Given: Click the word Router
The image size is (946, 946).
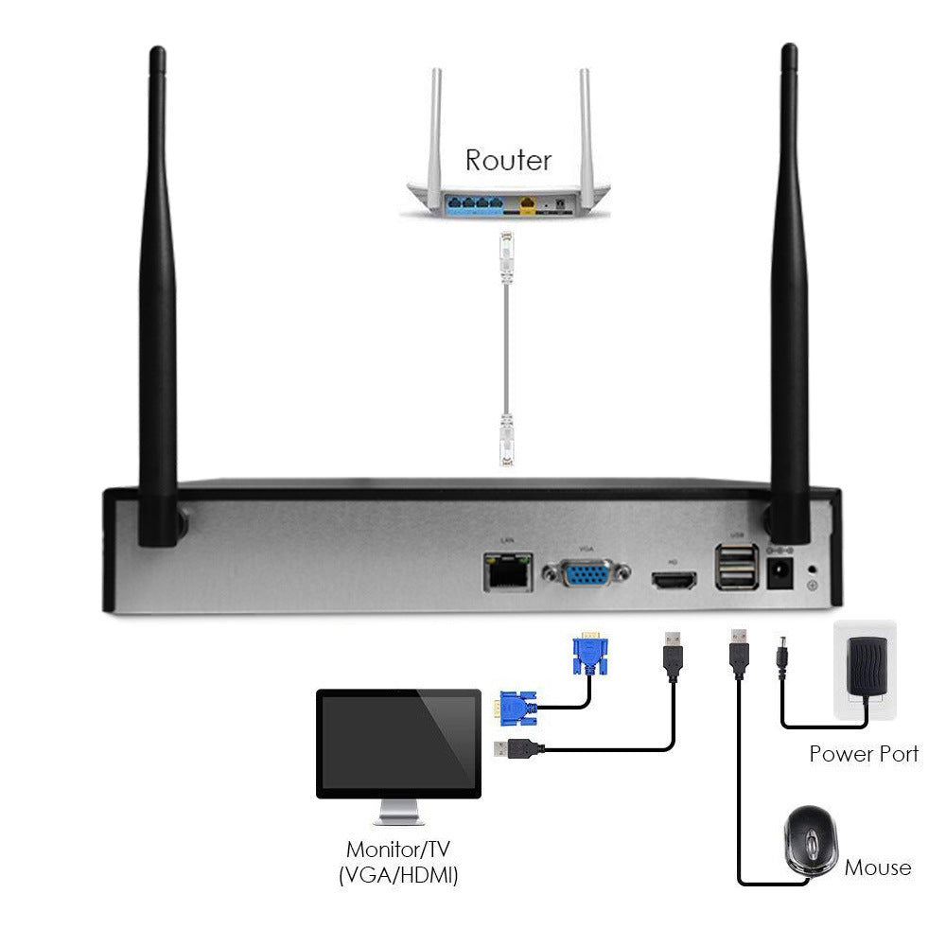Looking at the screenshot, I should coord(508,159).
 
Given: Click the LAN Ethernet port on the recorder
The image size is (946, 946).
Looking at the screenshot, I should coord(506,570).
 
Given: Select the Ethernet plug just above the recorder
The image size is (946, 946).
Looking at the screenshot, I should coord(506,441).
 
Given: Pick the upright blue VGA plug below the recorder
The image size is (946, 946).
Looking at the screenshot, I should coord(588,653).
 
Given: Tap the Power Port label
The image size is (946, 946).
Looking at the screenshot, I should coord(863,754).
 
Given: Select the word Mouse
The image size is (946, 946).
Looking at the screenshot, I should coord(877,867).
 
